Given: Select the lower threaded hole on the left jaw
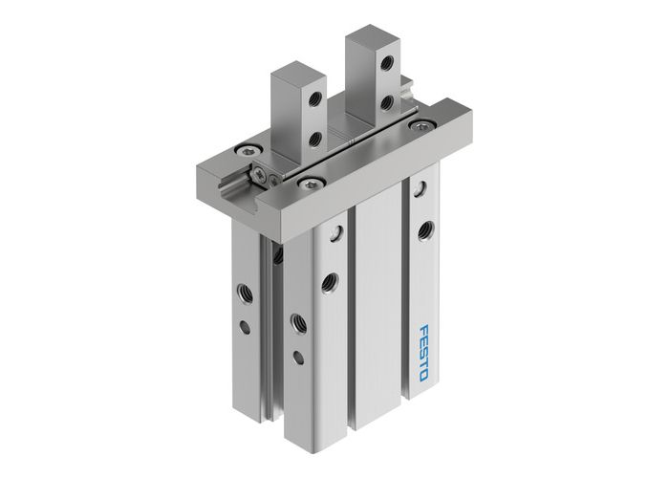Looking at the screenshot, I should pos(314,140).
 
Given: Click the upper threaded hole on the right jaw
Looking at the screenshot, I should pos(386,63).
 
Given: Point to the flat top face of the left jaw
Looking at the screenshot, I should pos(298,72).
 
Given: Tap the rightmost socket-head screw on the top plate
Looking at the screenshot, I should pos(418,124).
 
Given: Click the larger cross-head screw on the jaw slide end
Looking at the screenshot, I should pos(259,173).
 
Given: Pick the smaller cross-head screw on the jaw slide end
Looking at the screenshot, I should pos(275,178).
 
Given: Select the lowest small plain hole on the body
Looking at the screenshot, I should pos(298,358).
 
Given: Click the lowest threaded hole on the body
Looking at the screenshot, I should pos(298,322).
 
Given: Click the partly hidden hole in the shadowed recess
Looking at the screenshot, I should pos(278,256).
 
